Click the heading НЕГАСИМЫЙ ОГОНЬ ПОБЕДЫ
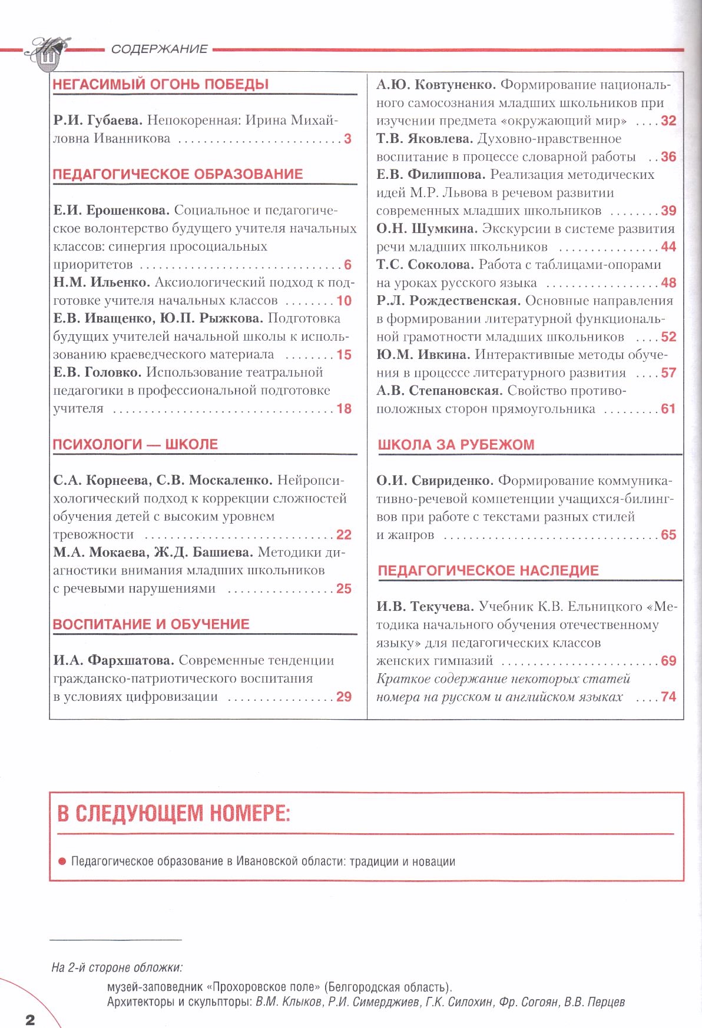coord(161,84)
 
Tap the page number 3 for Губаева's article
coord(347,139)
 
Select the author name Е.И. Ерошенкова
coord(111,210)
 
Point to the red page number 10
coord(344,301)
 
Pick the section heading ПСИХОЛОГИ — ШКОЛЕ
coord(135,444)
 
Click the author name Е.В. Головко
coord(97,372)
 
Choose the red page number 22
coord(344,535)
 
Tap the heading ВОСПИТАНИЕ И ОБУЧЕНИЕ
coord(151,624)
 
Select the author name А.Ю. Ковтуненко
coord(436,85)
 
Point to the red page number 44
coord(668,247)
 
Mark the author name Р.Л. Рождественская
coord(448,301)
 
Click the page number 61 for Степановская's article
coord(668,409)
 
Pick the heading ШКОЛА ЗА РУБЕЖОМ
coord(456,445)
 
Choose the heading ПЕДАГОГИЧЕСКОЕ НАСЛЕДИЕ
coord(488,571)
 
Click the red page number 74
coord(668,697)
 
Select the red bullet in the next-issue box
coord(62,861)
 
